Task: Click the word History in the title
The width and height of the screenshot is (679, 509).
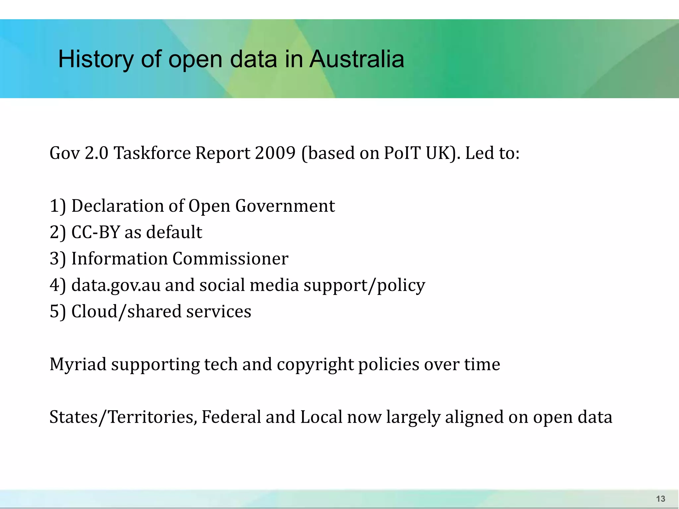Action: (x=95, y=59)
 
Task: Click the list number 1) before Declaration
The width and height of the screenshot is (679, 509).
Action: (x=58, y=206)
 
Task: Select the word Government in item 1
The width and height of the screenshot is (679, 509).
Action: (x=285, y=206)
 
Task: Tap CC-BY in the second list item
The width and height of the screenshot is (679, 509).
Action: (x=95, y=232)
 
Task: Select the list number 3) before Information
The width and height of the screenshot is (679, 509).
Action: (x=58, y=259)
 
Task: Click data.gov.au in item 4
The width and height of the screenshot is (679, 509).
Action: (x=116, y=285)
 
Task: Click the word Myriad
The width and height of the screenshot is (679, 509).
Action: (x=78, y=365)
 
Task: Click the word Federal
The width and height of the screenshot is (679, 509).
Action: (x=231, y=417)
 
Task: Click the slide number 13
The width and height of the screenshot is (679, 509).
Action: (x=660, y=499)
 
